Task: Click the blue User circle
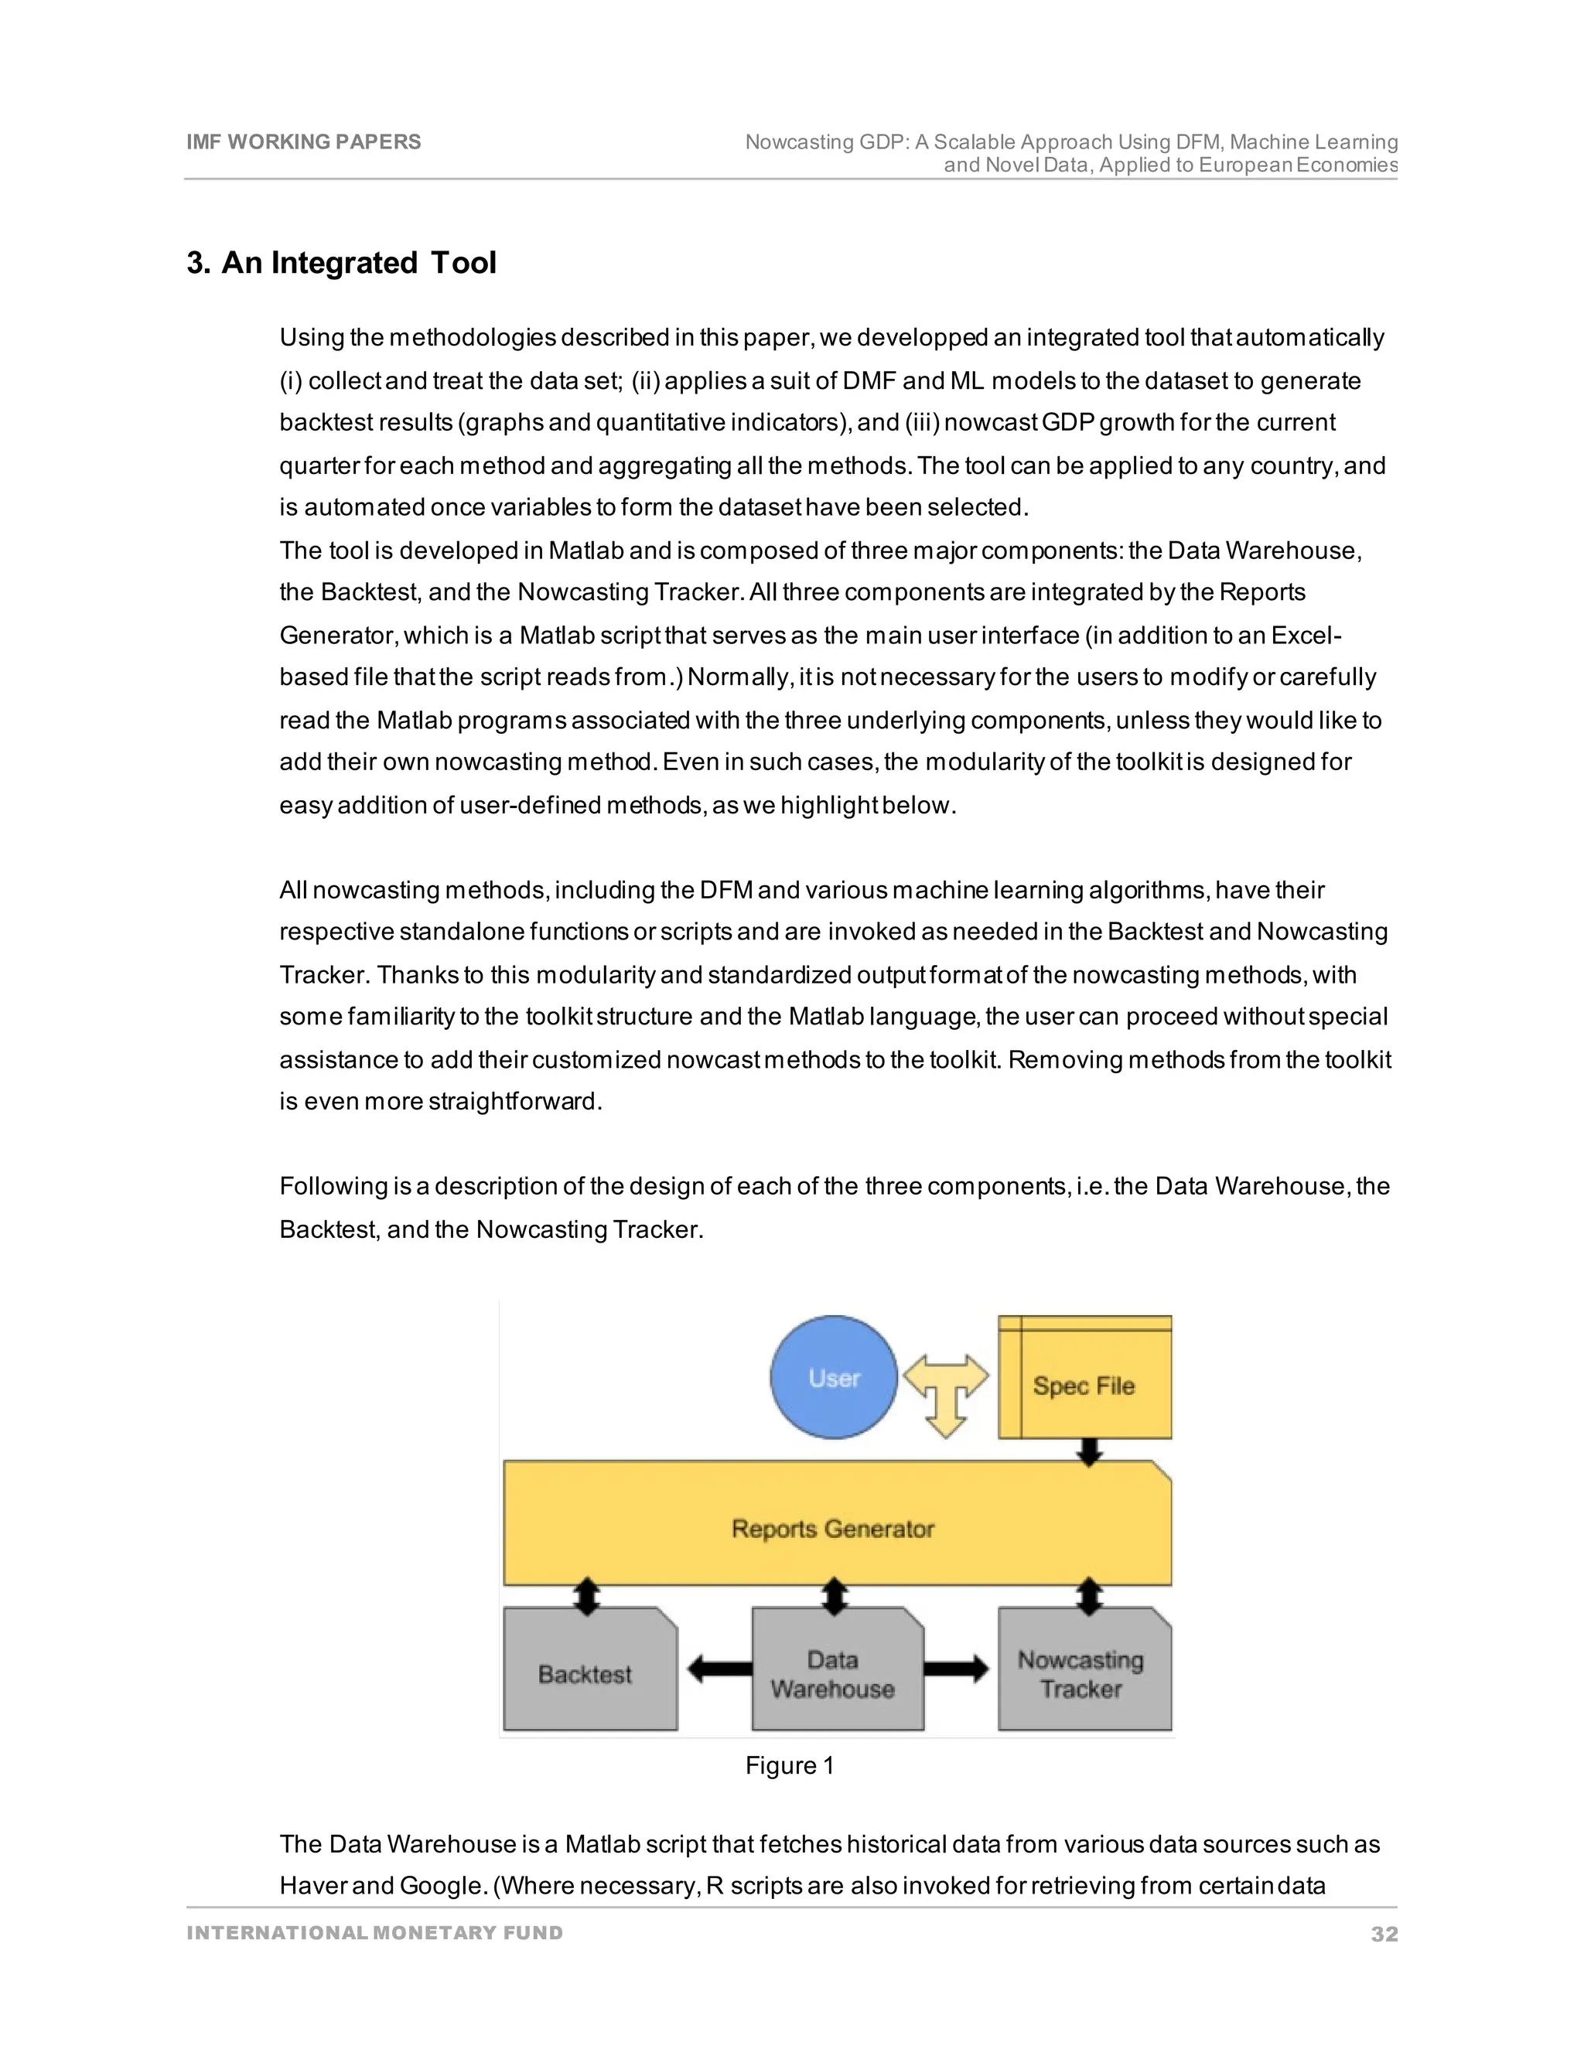tap(833, 1376)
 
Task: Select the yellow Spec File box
tap(1085, 1385)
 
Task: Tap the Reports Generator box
tap(833, 1529)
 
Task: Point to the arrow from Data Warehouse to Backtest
tap(719, 1668)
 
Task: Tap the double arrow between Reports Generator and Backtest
tap(586, 1596)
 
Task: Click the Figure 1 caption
tap(789, 1766)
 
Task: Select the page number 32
tap(1383, 1934)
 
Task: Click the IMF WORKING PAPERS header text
tap(303, 141)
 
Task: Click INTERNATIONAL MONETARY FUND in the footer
tap(374, 1933)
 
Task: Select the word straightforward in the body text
tap(514, 1101)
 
